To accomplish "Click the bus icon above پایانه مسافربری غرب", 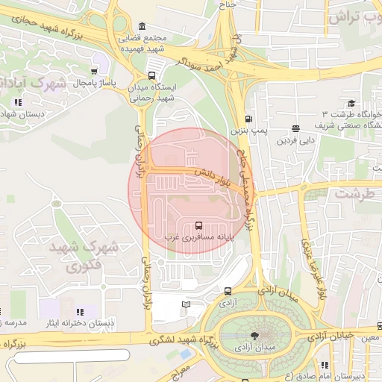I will tap(198, 225).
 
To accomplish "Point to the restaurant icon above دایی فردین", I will tap(296, 128).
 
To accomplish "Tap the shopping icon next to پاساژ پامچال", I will tap(93, 72).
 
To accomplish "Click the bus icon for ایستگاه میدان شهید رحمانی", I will tap(152, 75).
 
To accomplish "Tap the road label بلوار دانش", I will tap(212, 177).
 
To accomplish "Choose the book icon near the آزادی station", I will tap(187, 304).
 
